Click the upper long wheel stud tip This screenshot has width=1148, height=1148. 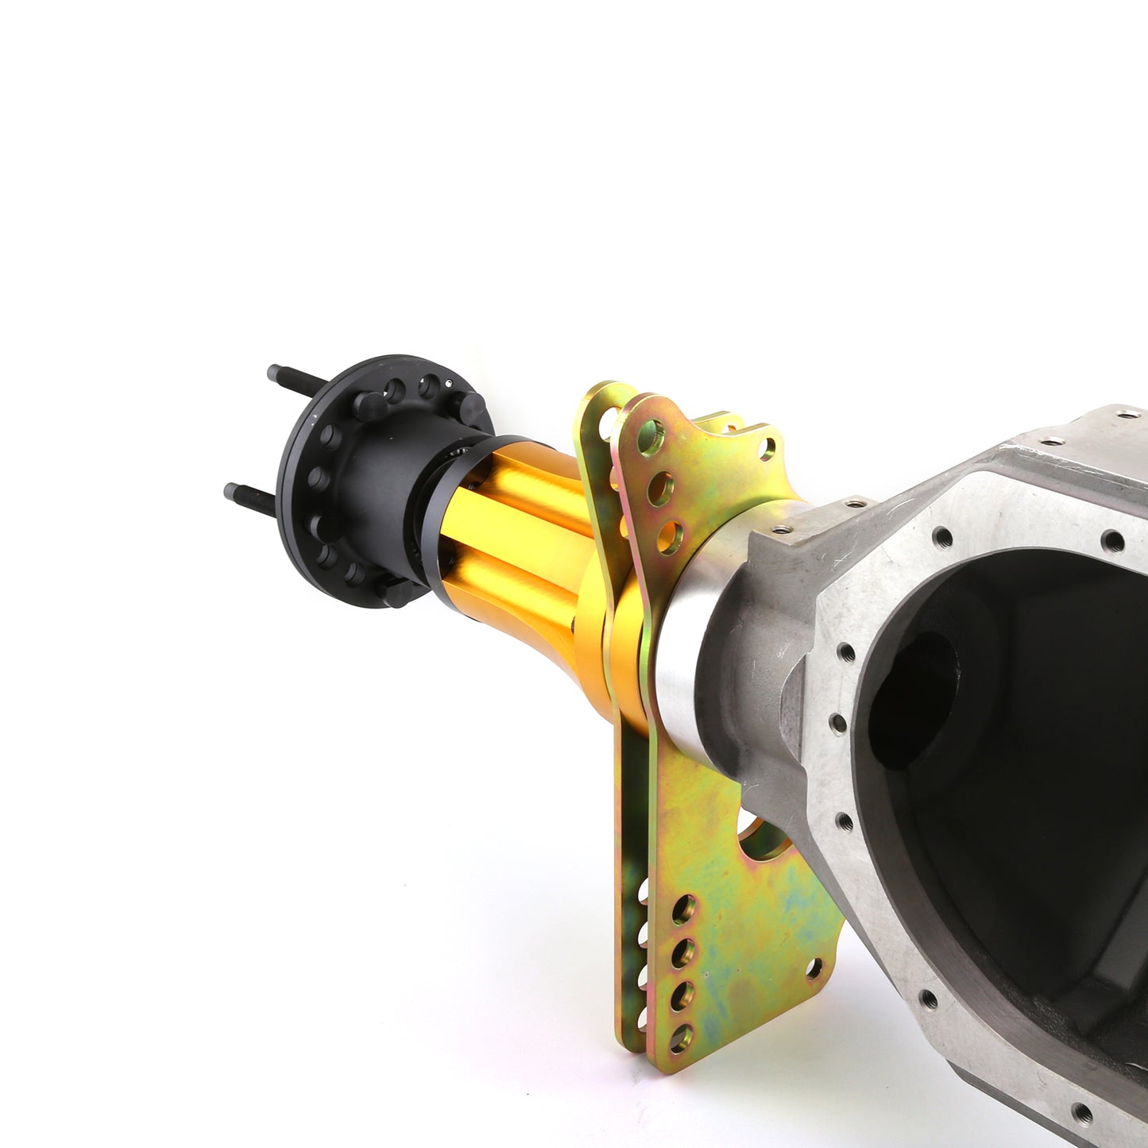coord(274,370)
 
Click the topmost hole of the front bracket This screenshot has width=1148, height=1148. coord(650,436)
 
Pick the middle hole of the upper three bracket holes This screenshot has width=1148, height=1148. coord(660,488)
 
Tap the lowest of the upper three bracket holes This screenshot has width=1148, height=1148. coord(670,538)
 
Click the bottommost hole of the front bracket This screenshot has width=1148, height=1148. coord(681,1038)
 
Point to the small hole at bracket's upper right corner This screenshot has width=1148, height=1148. coord(767,450)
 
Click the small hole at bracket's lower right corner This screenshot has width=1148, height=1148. coord(813,968)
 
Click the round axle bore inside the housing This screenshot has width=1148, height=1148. coord(914,699)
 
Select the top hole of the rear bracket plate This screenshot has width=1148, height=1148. coord(609,419)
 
